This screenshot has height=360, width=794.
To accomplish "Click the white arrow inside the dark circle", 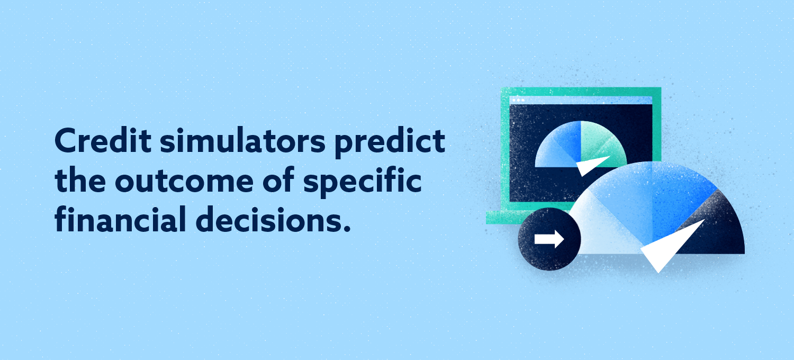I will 549,239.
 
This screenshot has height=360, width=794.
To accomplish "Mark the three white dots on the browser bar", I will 518,100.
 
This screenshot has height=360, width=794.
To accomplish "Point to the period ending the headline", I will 347,229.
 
